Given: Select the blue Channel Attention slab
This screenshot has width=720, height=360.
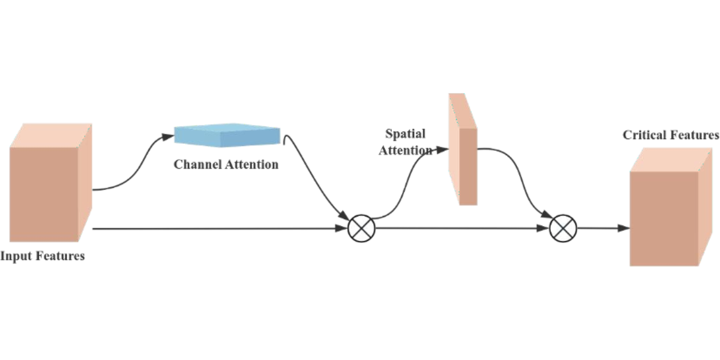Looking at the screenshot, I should pyautogui.click(x=227, y=135).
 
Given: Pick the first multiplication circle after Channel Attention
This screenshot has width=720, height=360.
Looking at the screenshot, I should pyautogui.click(x=362, y=229).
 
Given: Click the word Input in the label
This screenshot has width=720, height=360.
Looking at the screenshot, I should pyautogui.click(x=16, y=256).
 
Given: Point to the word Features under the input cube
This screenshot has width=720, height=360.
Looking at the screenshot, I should pyautogui.click(x=61, y=256).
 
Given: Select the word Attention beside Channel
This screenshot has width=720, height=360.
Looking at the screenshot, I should pyautogui.click(x=251, y=164).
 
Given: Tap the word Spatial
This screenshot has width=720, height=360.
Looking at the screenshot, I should pyautogui.click(x=405, y=134).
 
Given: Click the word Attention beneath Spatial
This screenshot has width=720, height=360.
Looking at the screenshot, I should pyautogui.click(x=404, y=150).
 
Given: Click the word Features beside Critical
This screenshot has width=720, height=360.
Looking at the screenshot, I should pyautogui.click(x=695, y=135).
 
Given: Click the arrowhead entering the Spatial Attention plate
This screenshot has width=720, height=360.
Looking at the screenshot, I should pyautogui.click(x=443, y=149).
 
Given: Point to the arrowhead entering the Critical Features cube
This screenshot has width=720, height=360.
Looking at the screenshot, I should pyautogui.click(x=624, y=229).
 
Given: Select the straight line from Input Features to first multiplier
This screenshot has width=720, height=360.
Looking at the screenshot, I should pyautogui.click(x=216, y=229).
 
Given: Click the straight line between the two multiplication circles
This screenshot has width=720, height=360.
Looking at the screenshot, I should pyautogui.click(x=462, y=229).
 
